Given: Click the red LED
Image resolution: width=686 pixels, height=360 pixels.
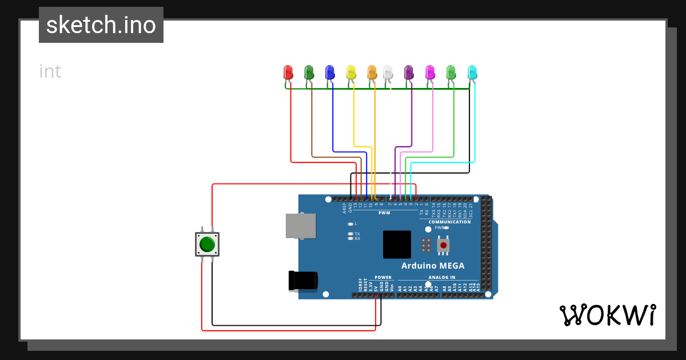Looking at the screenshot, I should [288, 72].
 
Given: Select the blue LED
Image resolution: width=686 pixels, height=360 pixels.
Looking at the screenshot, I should [329, 72].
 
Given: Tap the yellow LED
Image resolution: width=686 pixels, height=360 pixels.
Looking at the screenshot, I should [351, 72].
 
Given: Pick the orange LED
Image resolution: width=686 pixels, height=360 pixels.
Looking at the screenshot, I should [372, 72].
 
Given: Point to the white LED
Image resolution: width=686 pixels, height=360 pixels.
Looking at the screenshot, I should [388, 72].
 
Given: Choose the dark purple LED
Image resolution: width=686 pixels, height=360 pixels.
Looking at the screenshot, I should [409, 72].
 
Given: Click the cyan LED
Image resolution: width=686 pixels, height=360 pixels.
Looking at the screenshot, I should [472, 72].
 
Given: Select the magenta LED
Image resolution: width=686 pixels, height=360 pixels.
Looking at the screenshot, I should [430, 72].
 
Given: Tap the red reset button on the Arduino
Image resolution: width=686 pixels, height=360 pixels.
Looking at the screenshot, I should [444, 246].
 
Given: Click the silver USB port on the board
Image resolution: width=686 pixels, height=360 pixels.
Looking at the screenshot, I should [301, 226].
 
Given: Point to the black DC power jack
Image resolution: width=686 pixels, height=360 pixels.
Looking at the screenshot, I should [303, 281].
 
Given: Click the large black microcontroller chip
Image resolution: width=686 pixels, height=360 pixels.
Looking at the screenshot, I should [397, 245].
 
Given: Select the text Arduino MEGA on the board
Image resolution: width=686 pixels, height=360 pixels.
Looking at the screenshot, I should [433, 266].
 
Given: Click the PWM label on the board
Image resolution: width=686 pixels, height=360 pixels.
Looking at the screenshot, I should [384, 213].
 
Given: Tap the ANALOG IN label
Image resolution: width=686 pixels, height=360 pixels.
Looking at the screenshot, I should [442, 277].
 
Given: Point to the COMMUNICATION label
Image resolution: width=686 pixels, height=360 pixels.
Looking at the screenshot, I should [449, 222].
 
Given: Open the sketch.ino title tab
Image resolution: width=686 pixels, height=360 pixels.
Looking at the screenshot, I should [101, 25].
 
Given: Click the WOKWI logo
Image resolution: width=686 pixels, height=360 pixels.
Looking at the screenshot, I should [607, 315].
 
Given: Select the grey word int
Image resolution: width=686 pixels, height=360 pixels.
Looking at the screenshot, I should [50, 72].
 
